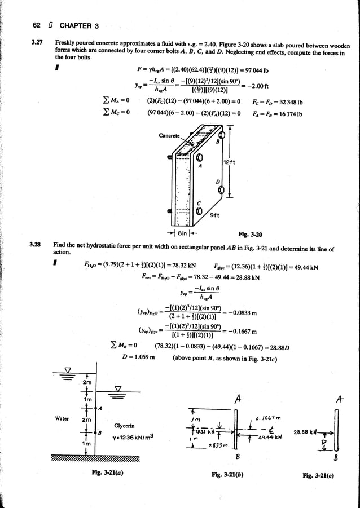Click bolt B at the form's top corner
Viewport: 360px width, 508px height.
coord(221,135)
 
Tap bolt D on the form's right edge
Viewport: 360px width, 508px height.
coord(221,191)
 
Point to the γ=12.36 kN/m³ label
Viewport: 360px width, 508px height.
coord(134,438)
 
